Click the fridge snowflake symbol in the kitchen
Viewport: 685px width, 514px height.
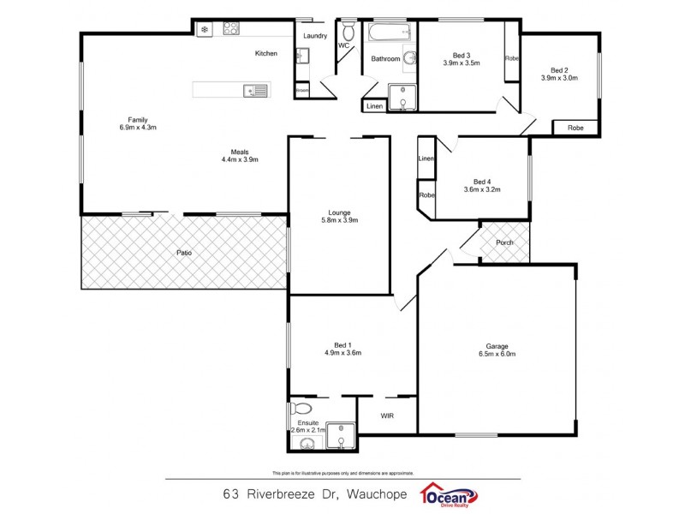coord(205,29)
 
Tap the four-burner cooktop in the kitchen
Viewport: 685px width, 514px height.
coord(231,28)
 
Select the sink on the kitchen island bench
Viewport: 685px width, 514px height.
coord(256,90)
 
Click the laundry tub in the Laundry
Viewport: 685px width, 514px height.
coord(302,57)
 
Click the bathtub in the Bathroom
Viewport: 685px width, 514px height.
coord(390,34)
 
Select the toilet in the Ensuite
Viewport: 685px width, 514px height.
coord(301,408)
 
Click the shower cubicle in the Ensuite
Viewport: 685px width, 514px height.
coord(342,437)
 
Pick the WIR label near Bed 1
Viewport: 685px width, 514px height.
coord(387,415)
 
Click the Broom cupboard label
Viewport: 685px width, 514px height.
coord(301,90)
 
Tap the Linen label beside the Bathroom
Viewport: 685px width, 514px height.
coord(374,106)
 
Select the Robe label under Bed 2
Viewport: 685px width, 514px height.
coord(575,128)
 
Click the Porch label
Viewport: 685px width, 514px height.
coord(505,242)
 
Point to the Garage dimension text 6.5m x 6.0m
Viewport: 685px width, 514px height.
coord(497,353)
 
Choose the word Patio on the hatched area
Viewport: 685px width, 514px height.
coord(184,253)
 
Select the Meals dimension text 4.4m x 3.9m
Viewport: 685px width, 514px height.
coord(240,159)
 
